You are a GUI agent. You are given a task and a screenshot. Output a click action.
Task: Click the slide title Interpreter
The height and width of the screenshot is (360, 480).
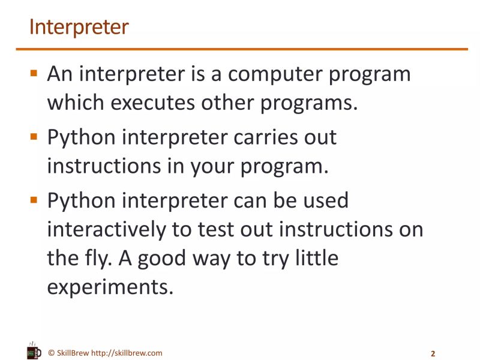pos(79,28)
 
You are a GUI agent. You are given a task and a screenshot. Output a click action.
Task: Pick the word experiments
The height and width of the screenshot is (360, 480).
pos(110,287)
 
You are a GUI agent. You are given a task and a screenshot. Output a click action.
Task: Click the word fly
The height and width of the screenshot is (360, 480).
pos(99,259)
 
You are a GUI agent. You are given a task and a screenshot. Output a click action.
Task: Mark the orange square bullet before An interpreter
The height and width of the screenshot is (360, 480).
pos(34,74)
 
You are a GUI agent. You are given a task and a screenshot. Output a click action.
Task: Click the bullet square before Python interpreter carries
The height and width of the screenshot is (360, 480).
pos(34,137)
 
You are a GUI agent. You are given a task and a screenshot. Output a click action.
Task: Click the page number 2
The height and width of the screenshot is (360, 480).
pos(433,353)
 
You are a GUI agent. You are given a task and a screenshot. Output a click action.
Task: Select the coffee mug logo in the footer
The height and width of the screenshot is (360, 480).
pos(34,351)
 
